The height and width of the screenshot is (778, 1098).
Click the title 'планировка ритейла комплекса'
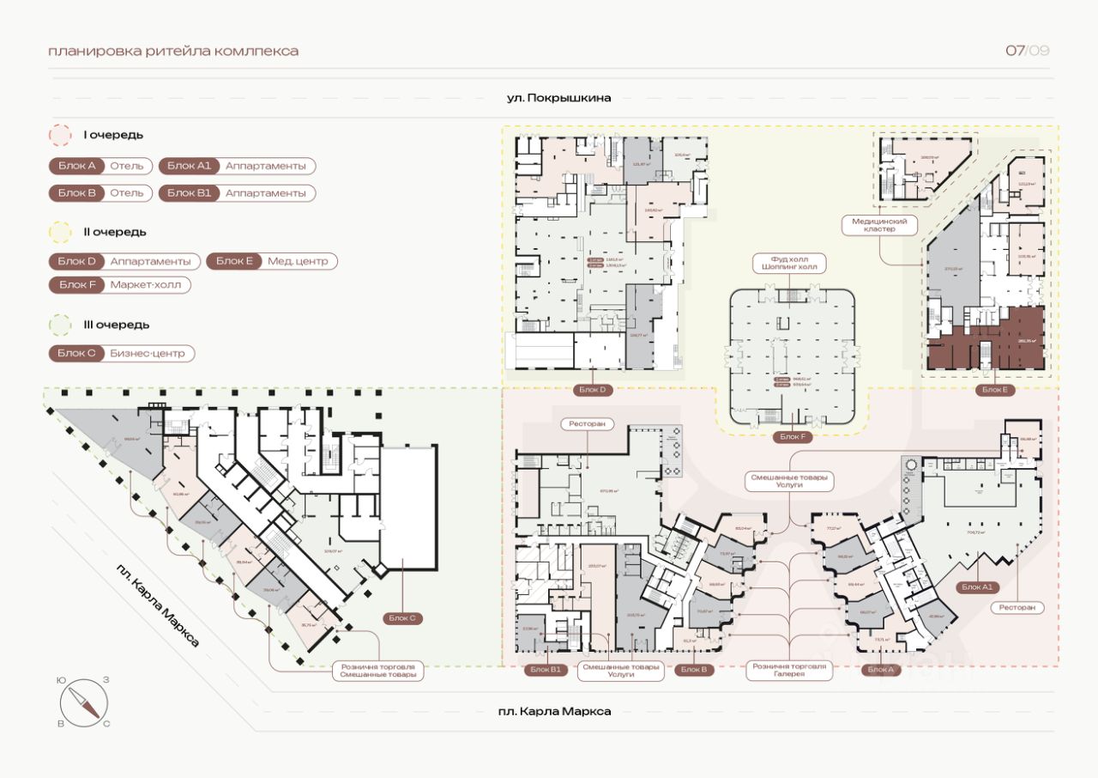173,51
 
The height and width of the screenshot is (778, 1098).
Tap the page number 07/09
1027,51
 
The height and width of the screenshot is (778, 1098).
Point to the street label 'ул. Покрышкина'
558,98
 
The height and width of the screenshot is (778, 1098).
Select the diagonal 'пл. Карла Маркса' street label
159,605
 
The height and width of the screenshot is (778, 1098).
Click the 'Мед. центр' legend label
297,261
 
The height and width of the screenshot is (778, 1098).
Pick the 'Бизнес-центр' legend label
147,353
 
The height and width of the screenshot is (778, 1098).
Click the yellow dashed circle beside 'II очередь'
61,232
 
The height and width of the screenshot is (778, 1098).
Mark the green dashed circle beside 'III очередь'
61,325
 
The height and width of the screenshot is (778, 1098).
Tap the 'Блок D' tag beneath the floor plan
592,390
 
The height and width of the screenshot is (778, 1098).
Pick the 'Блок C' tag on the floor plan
402,618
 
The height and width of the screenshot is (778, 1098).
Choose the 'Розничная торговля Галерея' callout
788,671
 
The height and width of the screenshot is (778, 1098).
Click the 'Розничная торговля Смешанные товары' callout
377,671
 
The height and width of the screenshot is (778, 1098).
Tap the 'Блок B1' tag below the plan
545,670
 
